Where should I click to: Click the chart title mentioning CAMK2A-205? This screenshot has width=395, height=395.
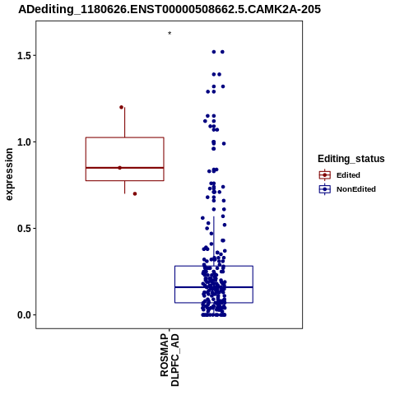[x=170, y=9]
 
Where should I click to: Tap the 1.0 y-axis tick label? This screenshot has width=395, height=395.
[x=23, y=142]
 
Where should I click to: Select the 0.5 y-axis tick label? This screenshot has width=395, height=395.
[x=23, y=229]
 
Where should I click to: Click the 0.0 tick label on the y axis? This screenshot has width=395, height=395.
[x=23, y=315]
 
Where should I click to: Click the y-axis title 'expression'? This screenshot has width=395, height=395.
[x=9, y=174]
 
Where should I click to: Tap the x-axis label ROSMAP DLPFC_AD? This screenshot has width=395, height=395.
[x=170, y=360]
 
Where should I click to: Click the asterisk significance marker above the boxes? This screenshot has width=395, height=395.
[x=170, y=33]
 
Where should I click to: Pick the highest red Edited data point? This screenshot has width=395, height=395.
[x=121, y=107]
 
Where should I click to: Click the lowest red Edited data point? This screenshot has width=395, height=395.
[x=135, y=193]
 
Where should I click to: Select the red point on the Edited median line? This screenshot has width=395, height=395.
[x=119, y=168]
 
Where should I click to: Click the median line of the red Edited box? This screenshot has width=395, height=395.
[x=125, y=168]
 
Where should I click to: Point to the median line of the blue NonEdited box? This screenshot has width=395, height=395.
[x=214, y=287]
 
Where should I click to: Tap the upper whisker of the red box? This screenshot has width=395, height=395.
[x=125, y=123]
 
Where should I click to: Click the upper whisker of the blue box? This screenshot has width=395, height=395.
[x=214, y=241]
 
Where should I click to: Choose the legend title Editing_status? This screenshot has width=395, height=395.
[x=351, y=159]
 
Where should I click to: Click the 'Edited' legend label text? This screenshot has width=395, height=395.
[x=348, y=175]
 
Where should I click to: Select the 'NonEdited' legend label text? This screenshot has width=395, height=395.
[x=356, y=189]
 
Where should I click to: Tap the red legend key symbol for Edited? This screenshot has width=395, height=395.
[x=325, y=175]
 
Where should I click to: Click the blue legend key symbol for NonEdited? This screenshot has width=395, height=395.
[x=325, y=189]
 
